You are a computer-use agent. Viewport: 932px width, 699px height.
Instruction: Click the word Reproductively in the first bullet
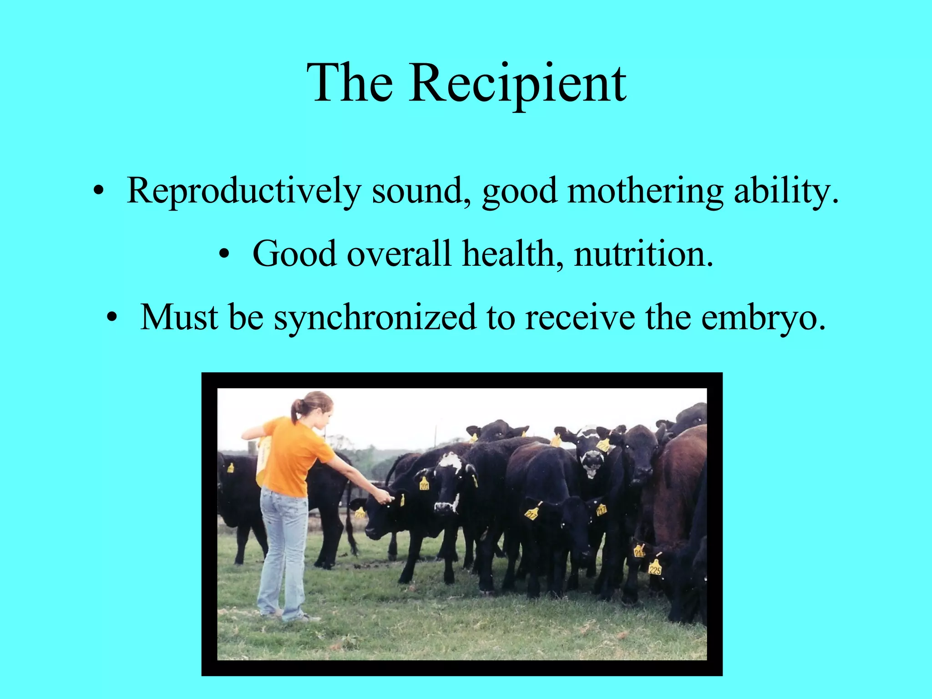(243, 191)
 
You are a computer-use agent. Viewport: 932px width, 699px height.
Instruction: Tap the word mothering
(645, 191)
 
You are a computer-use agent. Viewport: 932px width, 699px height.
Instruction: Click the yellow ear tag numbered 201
(424, 484)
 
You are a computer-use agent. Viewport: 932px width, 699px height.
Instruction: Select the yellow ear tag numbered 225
(655, 568)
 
